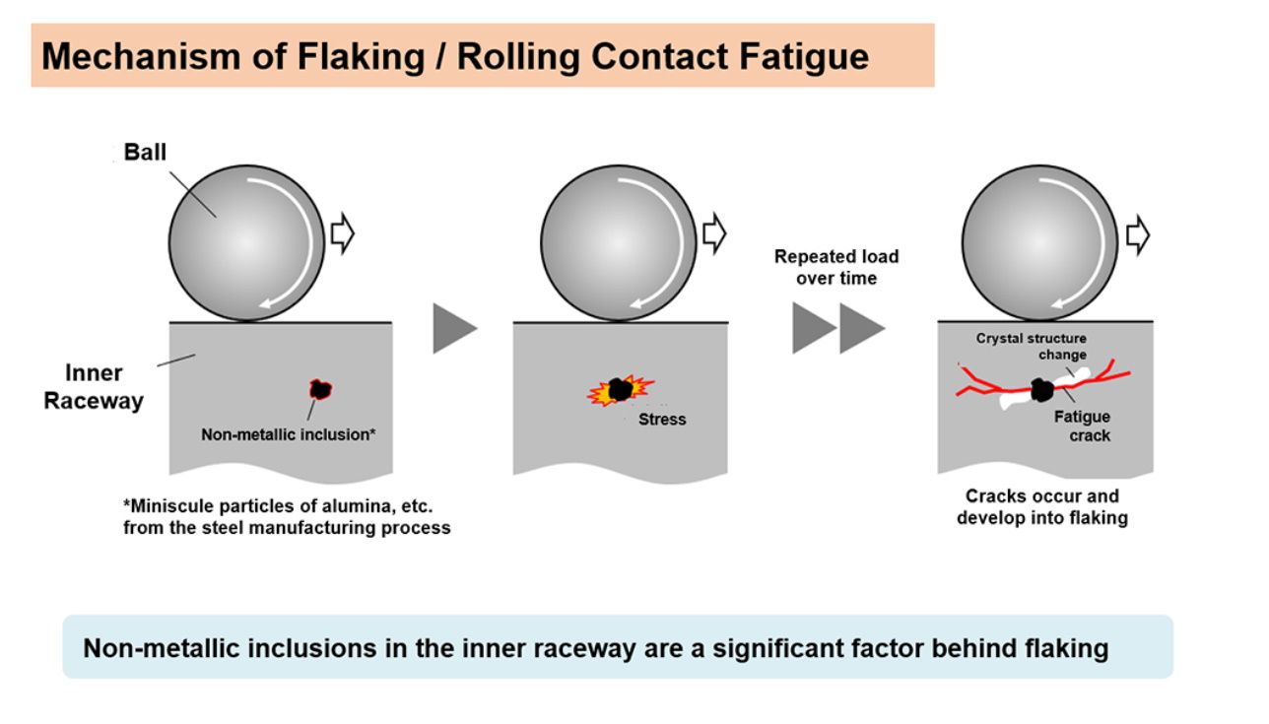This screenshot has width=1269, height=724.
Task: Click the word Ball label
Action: tap(145, 153)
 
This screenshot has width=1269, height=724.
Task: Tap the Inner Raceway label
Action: tap(94, 387)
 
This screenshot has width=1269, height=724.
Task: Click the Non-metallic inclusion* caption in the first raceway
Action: tap(288, 433)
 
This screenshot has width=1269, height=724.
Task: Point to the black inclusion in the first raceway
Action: tap(320, 389)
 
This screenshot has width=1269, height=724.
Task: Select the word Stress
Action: tap(662, 419)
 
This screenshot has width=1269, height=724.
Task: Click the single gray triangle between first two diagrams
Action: tap(453, 329)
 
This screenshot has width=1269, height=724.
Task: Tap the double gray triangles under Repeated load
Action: tap(838, 329)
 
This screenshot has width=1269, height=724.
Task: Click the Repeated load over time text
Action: tap(836, 267)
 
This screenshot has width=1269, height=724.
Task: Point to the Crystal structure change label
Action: tap(1032, 346)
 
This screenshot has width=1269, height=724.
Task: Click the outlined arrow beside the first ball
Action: tap(342, 235)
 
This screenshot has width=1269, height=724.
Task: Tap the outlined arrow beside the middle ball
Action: tap(714, 235)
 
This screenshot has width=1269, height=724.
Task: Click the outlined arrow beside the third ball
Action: tap(1138, 235)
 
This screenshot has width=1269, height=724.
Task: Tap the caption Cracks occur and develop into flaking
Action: tap(1041, 506)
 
